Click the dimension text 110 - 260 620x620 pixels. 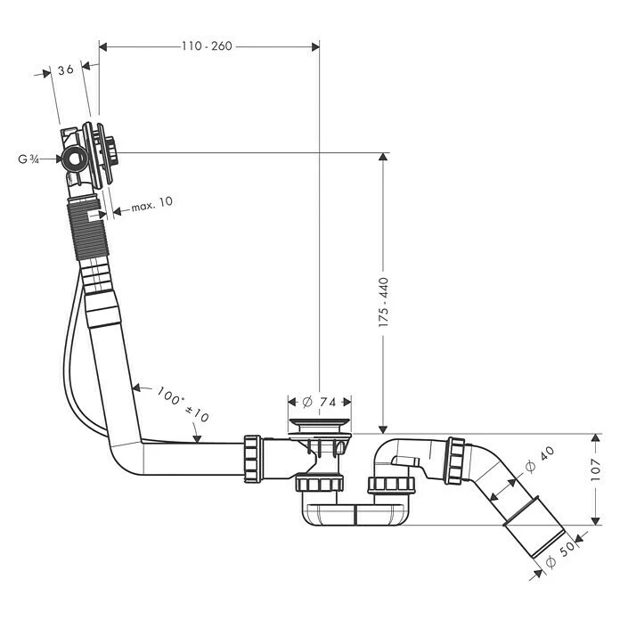pyautogui.click(x=207, y=45)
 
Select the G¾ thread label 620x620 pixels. pyautogui.click(x=29, y=159)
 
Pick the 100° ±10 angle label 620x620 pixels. pyautogui.click(x=183, y=404)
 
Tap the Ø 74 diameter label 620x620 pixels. pyautogui.click(x=320, y=401)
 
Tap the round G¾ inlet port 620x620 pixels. pyautogui.click(x=74, y=159)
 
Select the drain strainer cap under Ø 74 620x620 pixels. pyautogui.click(x=320, y=426)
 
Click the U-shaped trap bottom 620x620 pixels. pyautogui.click(x=356, y=516)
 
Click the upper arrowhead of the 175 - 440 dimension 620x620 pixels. pyautogui.click(x=384, y=159)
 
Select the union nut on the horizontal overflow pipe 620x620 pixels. pyautogui.click(x=252, y=459)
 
